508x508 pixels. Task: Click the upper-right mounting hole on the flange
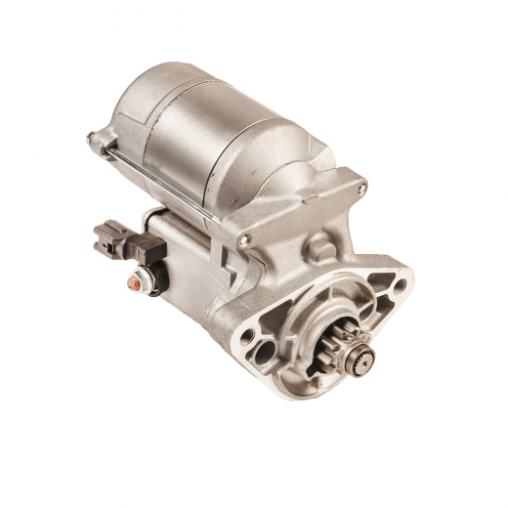[x=399, y=285]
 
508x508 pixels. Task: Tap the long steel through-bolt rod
[x=166, y=176]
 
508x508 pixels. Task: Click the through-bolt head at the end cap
[x=94, y=139]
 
